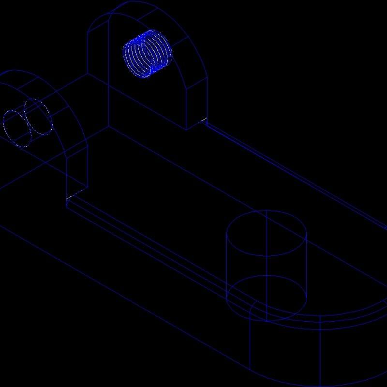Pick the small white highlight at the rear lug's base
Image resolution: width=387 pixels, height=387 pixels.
coord(204,120)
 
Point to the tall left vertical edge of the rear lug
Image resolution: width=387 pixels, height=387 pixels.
coord(88,53)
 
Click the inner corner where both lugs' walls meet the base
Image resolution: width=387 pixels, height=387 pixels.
coord(108,127)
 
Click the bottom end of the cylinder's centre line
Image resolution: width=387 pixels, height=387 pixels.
coord(267,321)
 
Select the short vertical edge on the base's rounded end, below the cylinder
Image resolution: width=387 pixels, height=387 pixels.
coord(249,343)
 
